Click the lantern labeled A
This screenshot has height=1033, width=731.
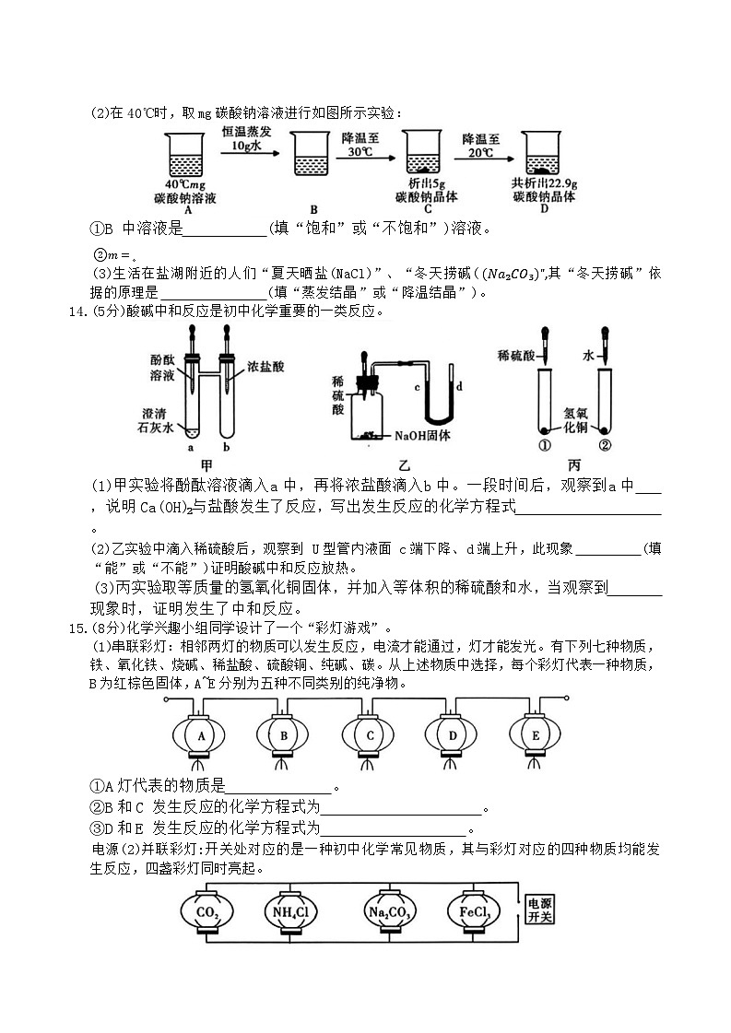(199, 735)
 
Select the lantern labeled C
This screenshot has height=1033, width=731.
(370, 735)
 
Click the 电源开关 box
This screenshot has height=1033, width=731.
(537, 910)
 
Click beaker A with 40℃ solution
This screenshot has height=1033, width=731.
(188, 157)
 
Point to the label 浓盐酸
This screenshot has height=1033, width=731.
(265, 367)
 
